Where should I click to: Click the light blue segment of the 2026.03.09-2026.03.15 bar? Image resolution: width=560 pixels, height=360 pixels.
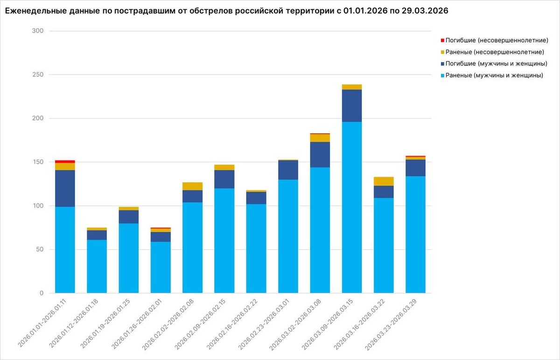pyautogui.click(x=352, y=207)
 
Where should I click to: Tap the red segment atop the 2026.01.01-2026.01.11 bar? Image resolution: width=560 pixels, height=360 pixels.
pyautogui.click(x=65, y=162)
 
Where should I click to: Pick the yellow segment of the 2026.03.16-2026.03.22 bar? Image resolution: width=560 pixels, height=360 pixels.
pyautogui.click(x=384, y=181)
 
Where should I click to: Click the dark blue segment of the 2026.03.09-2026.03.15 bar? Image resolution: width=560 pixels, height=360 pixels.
pyautogui.click(x=352, y=106)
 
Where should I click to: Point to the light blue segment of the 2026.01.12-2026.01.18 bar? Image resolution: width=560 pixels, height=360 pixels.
pyautogui.click(x=97, y=266)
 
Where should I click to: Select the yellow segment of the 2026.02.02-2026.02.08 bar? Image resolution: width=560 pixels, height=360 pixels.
pyautogui.click(x=192, y=187)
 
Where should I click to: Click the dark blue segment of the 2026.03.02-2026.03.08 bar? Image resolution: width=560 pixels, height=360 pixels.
pyautogui.click(x=320, y=155)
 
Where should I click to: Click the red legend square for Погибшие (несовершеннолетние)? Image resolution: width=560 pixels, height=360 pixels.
pyautogui.click(x=442, y=40)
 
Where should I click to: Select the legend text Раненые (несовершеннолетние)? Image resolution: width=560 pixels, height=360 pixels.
pyautogui.click(x=494, y=52)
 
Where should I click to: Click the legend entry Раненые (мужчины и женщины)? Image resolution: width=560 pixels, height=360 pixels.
pyautogui.click(x=494, y=75)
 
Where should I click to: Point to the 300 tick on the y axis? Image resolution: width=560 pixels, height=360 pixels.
pyautogui.click(x=38, y=31)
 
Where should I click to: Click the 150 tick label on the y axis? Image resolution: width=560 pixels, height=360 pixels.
pyautogui.click(x=38, y=162)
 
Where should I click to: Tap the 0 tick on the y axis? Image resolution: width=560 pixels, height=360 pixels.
pyautogui.click(x=41, y=293)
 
